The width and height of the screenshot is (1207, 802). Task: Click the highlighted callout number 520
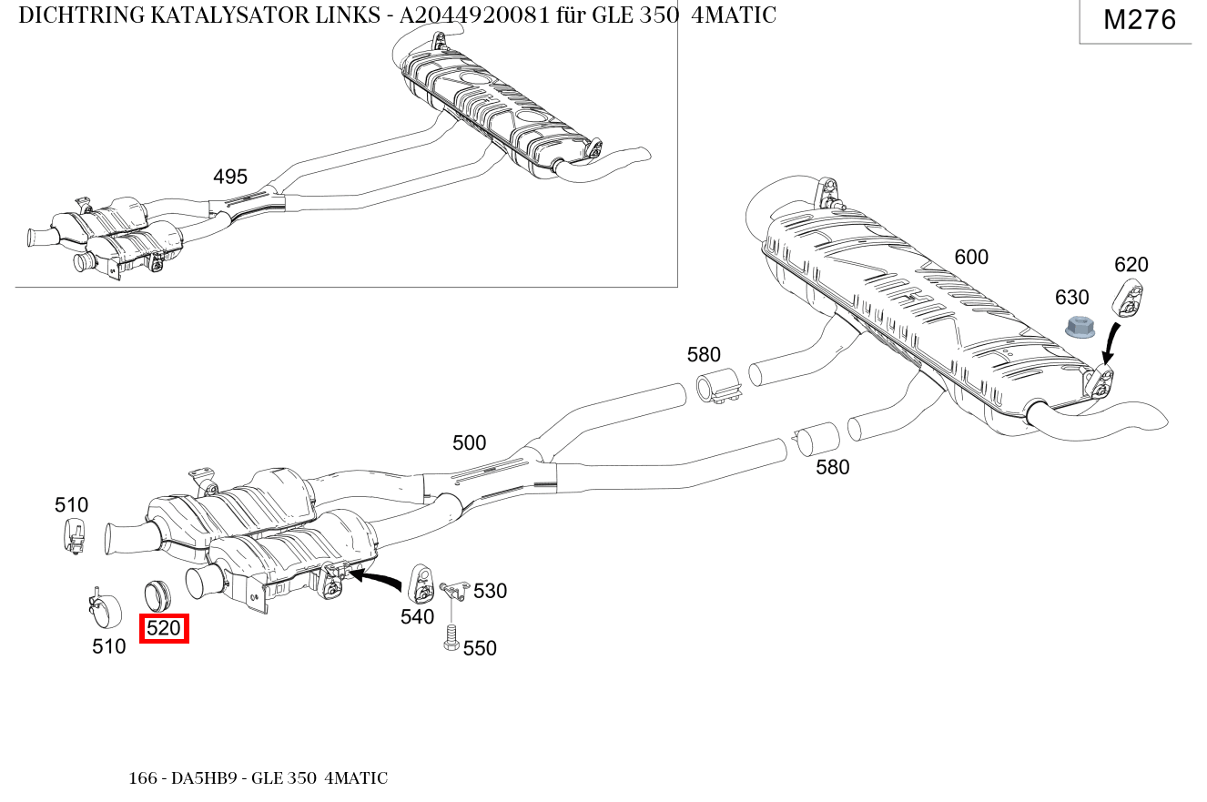[x=164, y=628]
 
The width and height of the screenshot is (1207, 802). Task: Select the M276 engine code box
[x=1139, y=20]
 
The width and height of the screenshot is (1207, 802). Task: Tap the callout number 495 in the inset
[x=230, y=177]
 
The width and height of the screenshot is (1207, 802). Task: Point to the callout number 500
[x=469, y=443]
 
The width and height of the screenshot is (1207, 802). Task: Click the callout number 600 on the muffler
[x=970, y=258]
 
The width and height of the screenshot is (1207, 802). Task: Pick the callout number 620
[x=1131, y=265]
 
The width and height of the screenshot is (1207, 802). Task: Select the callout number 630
[x=1071, y=298]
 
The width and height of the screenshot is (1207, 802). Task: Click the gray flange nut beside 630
[x=1080, y=327]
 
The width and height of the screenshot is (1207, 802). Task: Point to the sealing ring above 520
[x=158, y=594]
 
